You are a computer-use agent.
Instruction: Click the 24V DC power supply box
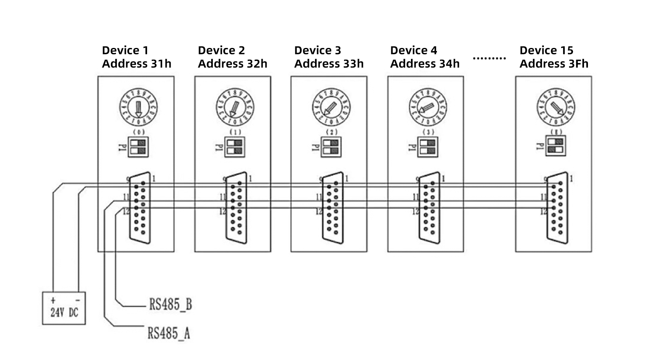point(64,308)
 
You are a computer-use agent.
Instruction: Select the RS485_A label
point(169,333)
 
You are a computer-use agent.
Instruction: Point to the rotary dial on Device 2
point(235,107)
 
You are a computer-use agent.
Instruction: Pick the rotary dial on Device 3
point(331,107)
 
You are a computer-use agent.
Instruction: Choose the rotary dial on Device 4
point(427,107)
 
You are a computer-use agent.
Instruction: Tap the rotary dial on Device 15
point(556,107)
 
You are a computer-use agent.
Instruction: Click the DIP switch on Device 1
point(138,147)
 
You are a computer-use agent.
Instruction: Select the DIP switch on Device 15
point(556,145)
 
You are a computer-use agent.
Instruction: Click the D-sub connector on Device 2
point(236,208)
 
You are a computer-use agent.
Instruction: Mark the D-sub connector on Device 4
point(429,208)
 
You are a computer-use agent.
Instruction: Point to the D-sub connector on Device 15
point(557,208)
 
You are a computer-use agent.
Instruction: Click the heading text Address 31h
point(136,64)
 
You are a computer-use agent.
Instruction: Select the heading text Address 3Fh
point(554,64)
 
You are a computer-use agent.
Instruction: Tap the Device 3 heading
point(317,50)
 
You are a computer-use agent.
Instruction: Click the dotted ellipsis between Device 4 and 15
point(489,59)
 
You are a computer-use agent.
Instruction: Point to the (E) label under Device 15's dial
point(556,132)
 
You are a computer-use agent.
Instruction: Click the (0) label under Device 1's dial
point(139,132)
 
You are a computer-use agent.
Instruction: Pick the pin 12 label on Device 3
point(319,212)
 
